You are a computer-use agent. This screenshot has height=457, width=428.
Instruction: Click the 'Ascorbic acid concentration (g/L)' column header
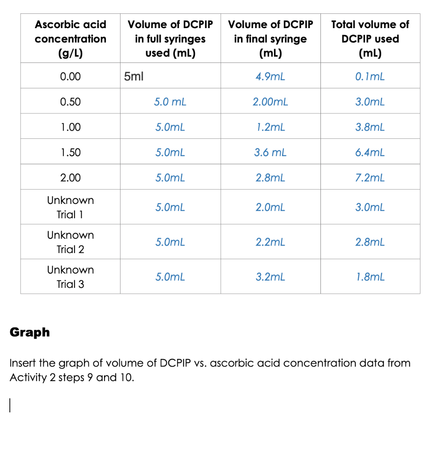[x=71, y=38]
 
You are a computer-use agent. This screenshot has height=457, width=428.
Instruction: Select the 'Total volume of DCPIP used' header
[x=370, y=38]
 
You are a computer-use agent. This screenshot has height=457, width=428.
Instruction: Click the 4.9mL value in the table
[x=270, y=76]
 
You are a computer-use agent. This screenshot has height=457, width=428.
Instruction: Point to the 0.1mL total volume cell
[x=370, y=76]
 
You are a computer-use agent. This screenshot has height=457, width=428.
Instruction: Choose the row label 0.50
[x=71, y=102]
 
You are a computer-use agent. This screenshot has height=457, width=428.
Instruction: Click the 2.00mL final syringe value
[x=270, y=102]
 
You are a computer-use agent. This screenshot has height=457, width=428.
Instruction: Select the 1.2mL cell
[x=270, y=127]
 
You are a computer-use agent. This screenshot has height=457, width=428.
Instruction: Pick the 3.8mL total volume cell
[x=370, y=127]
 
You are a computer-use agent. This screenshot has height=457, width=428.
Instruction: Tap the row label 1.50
[x=71, y=153]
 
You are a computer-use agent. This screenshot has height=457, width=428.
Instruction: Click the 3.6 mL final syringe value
[x=270, y=153]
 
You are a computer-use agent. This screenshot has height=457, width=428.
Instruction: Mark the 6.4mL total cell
[x=370, y=153]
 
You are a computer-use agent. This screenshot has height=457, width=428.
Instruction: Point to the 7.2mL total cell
[x=370, y=178]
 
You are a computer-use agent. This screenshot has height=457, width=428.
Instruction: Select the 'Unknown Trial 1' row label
[x=71, y=207]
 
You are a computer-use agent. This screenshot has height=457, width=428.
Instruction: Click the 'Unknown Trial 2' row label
[x=71, y=242]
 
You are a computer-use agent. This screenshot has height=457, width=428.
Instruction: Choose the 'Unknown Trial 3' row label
[x=71, y=277]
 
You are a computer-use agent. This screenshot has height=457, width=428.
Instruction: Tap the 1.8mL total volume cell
[x=370, y=277]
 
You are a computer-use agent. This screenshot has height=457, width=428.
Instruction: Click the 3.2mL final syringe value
[x=270, y=277]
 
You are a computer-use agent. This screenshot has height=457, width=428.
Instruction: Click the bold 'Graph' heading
[x=30, y=332]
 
